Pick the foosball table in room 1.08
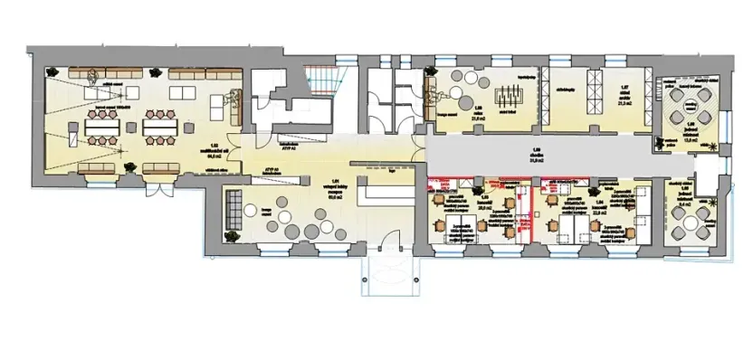click(x=503, y=94)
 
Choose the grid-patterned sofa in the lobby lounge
click(x=234, y=212)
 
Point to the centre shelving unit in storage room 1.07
click(x=594, y=90)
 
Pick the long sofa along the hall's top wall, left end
click(x=87, y=73)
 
